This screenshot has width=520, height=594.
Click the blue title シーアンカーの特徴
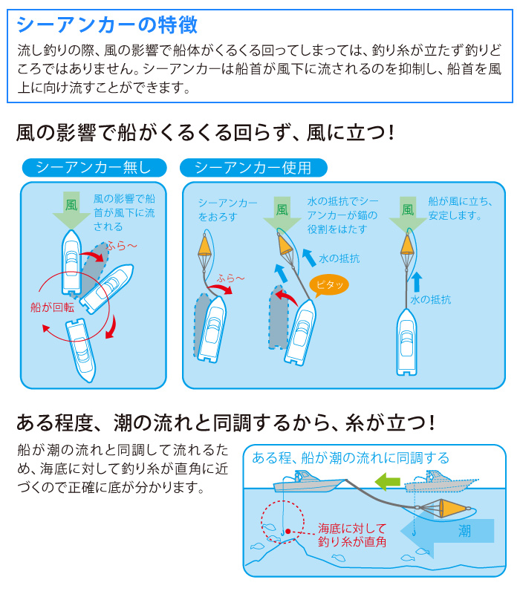(107, 25)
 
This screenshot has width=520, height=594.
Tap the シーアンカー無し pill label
(94, 168)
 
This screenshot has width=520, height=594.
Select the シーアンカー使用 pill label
(253, 168)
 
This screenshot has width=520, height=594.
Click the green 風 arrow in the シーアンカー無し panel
(71, 209)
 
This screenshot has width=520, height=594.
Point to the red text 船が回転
(52, 307)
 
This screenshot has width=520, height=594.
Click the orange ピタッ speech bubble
(328, 286)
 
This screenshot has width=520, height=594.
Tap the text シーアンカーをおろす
(227, 210)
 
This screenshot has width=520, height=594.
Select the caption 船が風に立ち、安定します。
(461, 209)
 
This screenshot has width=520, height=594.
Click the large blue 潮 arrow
(447, 531)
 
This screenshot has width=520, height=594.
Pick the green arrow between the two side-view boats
(387, 481)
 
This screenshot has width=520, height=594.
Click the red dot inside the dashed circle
(287, 532)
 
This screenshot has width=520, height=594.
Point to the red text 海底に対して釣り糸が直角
(352, 535)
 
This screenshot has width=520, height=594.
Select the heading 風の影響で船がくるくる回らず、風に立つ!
(205, 133)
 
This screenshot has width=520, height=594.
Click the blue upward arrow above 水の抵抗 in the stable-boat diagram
(417, 282)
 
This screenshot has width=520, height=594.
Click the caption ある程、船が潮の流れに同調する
(351, 458)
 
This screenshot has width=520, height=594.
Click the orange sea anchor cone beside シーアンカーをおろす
(205, 246)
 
